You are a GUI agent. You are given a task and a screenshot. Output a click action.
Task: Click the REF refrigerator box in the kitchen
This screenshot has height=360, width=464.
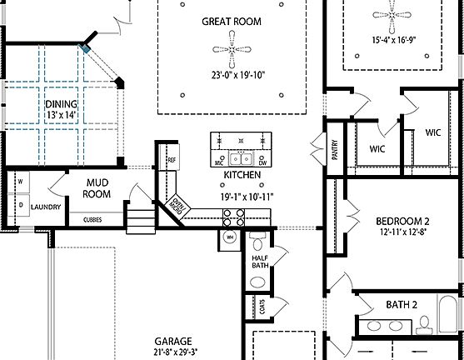tap(172, 160)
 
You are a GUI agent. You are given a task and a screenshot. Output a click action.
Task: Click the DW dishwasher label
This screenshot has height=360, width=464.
tap(262, 164)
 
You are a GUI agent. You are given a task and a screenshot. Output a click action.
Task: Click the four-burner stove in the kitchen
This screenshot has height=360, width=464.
tap(232, 217)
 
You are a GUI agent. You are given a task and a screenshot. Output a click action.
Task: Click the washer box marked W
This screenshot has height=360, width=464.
tap(20, 179)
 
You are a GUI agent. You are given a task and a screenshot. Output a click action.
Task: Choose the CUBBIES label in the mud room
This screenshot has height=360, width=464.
tap(92, 221)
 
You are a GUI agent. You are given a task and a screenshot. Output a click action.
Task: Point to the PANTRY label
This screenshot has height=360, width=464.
tap(334, 150)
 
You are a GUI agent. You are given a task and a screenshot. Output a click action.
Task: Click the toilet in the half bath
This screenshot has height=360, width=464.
tap(257, 243)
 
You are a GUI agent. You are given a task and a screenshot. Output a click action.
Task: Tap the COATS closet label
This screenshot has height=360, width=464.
tap(263, 309)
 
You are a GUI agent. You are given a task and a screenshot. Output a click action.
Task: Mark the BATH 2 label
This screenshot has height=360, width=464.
tap(402, 305)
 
